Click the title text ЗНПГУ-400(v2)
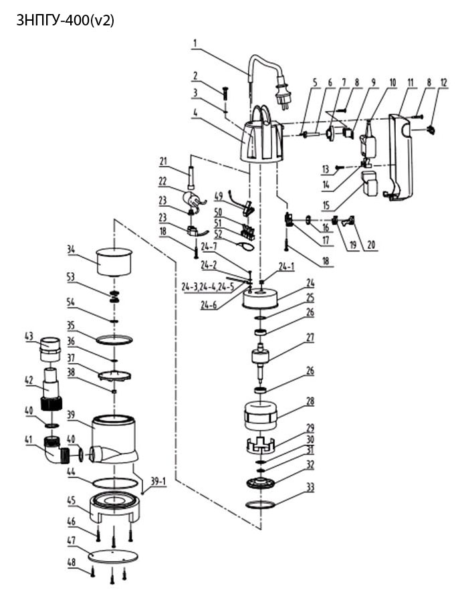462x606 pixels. (66, 21)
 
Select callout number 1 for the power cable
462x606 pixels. (195, 43)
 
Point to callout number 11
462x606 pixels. (411, 82)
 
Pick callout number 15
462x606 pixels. (326, 205)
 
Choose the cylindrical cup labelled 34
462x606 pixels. (114, 262)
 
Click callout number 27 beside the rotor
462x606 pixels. (310, 337)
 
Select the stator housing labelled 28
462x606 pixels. (261, 416)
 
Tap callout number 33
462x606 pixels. (310, 487)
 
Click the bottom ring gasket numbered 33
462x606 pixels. (260, 504)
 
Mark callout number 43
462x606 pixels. (29, 336)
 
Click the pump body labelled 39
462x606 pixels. (113, 440)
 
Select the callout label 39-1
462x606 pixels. (158, 482)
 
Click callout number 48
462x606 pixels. (72, 562)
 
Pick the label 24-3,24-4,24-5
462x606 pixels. (207, 287)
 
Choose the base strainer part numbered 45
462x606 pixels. (114, 508)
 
